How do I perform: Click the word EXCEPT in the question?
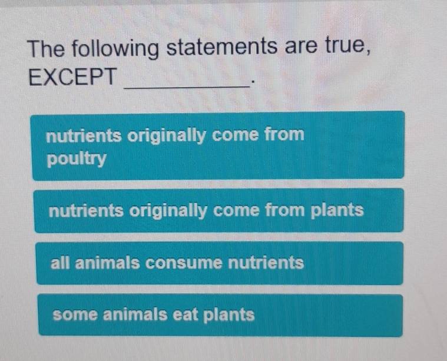[x=73, y=77]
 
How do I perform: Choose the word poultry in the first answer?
[x=77, y=159]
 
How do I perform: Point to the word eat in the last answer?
[x=185, y=314]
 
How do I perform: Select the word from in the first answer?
[x=284, y=135]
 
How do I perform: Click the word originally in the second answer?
[x=167, y=210]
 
